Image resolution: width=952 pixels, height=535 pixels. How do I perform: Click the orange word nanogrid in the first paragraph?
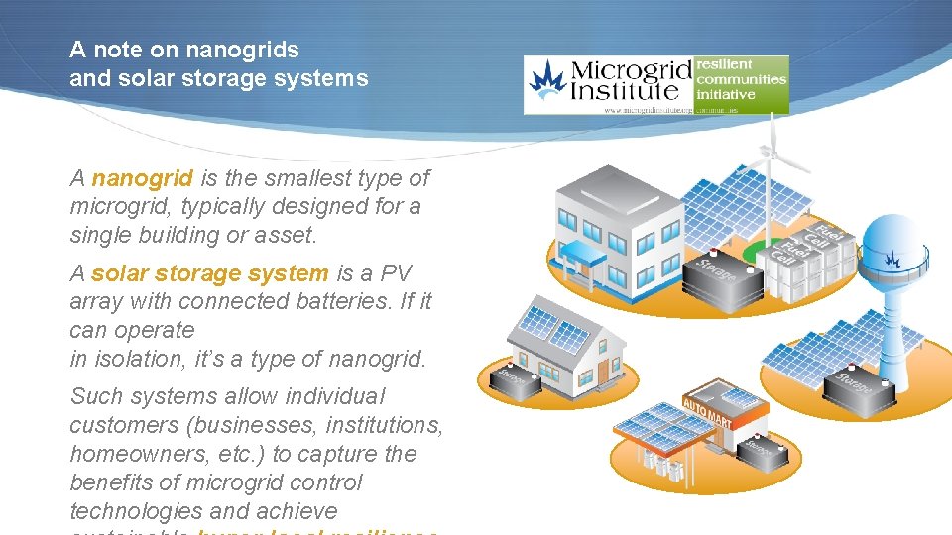[x=142, y=178]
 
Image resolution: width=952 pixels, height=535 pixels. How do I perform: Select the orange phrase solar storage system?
[x=209, y=273]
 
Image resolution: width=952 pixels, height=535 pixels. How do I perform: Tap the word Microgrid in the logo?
[x=631, y=73]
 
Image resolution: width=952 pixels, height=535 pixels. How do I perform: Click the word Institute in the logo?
[x=624, y=94]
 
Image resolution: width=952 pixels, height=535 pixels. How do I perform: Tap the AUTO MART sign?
[x=708, y=408]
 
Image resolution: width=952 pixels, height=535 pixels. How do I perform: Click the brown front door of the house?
[x=602, y=373]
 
